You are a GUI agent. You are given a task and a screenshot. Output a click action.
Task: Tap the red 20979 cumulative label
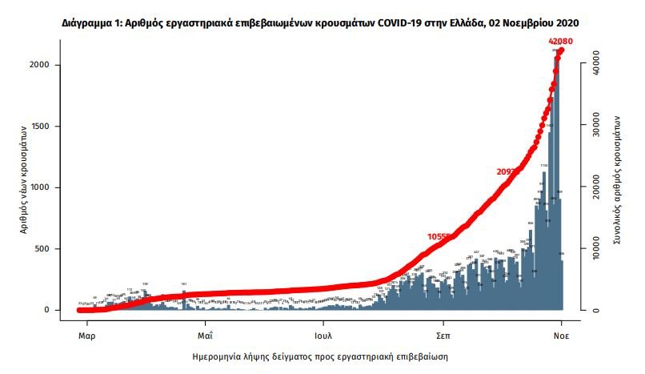coord(511,171)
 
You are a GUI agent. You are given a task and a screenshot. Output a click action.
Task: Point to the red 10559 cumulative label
coord(441,237)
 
